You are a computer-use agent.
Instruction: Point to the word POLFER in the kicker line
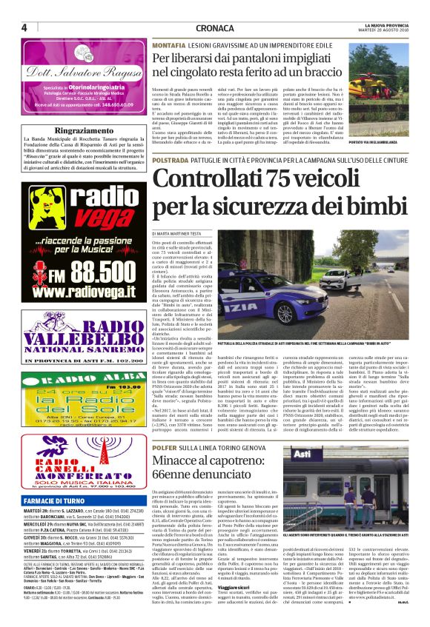(165, 407)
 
